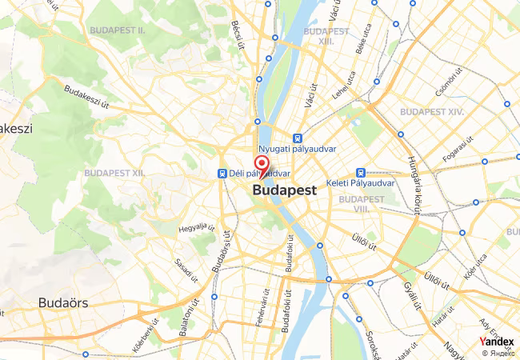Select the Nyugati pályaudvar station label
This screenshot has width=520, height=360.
click(x=296, y=149)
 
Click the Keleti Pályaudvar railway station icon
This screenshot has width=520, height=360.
click(x=361, y=172)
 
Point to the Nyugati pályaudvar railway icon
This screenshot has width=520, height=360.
click(x=298, y=137)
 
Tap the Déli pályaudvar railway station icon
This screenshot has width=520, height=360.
click(x=222, y=173)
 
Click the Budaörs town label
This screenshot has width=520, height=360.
click(x=63, y=303)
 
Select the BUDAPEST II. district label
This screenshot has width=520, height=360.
click(x=117, y=30)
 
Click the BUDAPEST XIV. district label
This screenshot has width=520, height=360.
click(x=432, y=112)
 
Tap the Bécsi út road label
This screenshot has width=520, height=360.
click(x=236, y=34)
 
